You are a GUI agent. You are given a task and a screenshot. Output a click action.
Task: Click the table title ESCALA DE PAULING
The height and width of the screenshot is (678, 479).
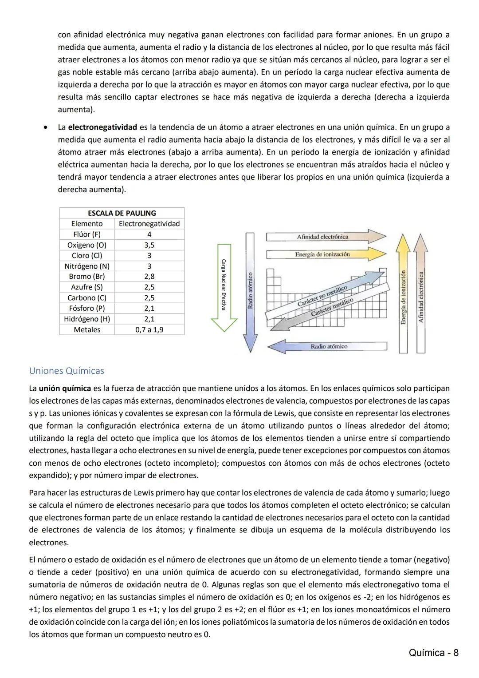tap(122, 213)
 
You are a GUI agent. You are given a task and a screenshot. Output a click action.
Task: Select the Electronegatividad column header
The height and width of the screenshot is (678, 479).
tap(149, 224)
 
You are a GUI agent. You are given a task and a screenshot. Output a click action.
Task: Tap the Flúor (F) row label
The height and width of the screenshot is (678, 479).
tap(87, 234)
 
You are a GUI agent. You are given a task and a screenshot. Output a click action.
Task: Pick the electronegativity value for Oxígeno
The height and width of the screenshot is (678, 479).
tap(149, 245)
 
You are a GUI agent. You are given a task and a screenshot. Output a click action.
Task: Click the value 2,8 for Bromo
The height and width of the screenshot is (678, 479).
tap(149, 277)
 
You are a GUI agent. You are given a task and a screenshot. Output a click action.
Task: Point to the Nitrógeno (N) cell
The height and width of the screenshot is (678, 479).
tap(87, 266)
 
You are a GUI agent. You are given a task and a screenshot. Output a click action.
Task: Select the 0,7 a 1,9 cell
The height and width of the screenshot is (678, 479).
tap(149, 330)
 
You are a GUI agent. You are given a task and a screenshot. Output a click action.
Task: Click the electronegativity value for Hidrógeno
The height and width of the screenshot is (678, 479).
tap(149, 319)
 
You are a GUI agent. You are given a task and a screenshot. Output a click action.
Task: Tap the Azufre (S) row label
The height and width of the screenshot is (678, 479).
tap(87, 287)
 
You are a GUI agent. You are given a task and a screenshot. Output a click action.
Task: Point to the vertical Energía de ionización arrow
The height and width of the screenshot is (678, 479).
tap(403, 293)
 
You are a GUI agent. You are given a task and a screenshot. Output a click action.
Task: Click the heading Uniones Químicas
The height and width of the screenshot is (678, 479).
tap(67, 371)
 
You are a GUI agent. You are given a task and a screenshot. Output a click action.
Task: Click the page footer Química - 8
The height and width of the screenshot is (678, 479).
tap(433, 652)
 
